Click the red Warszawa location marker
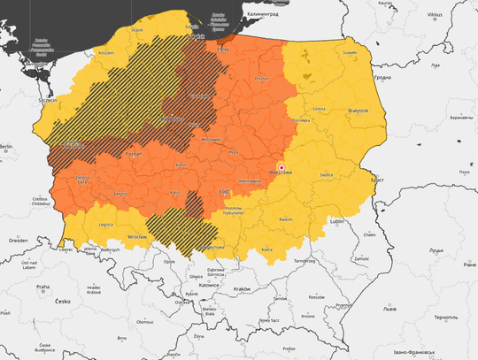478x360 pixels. tap(281, 167)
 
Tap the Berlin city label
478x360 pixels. tap(7, 146)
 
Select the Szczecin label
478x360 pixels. tap(47, 100)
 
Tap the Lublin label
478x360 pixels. tap(335, 220)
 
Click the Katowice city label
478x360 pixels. tap(209, 286)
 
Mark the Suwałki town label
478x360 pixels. tap(351, 52)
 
